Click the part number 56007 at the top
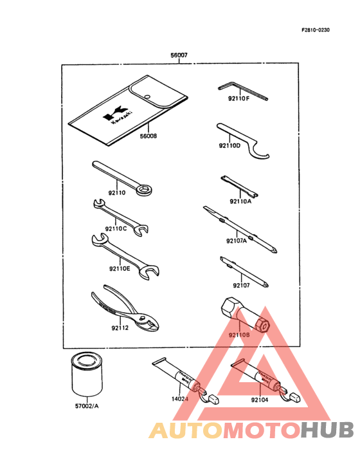pos(179,57)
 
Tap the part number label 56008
pos(148,136)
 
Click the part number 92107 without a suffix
pos(242,284)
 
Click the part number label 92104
pos(260,400)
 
